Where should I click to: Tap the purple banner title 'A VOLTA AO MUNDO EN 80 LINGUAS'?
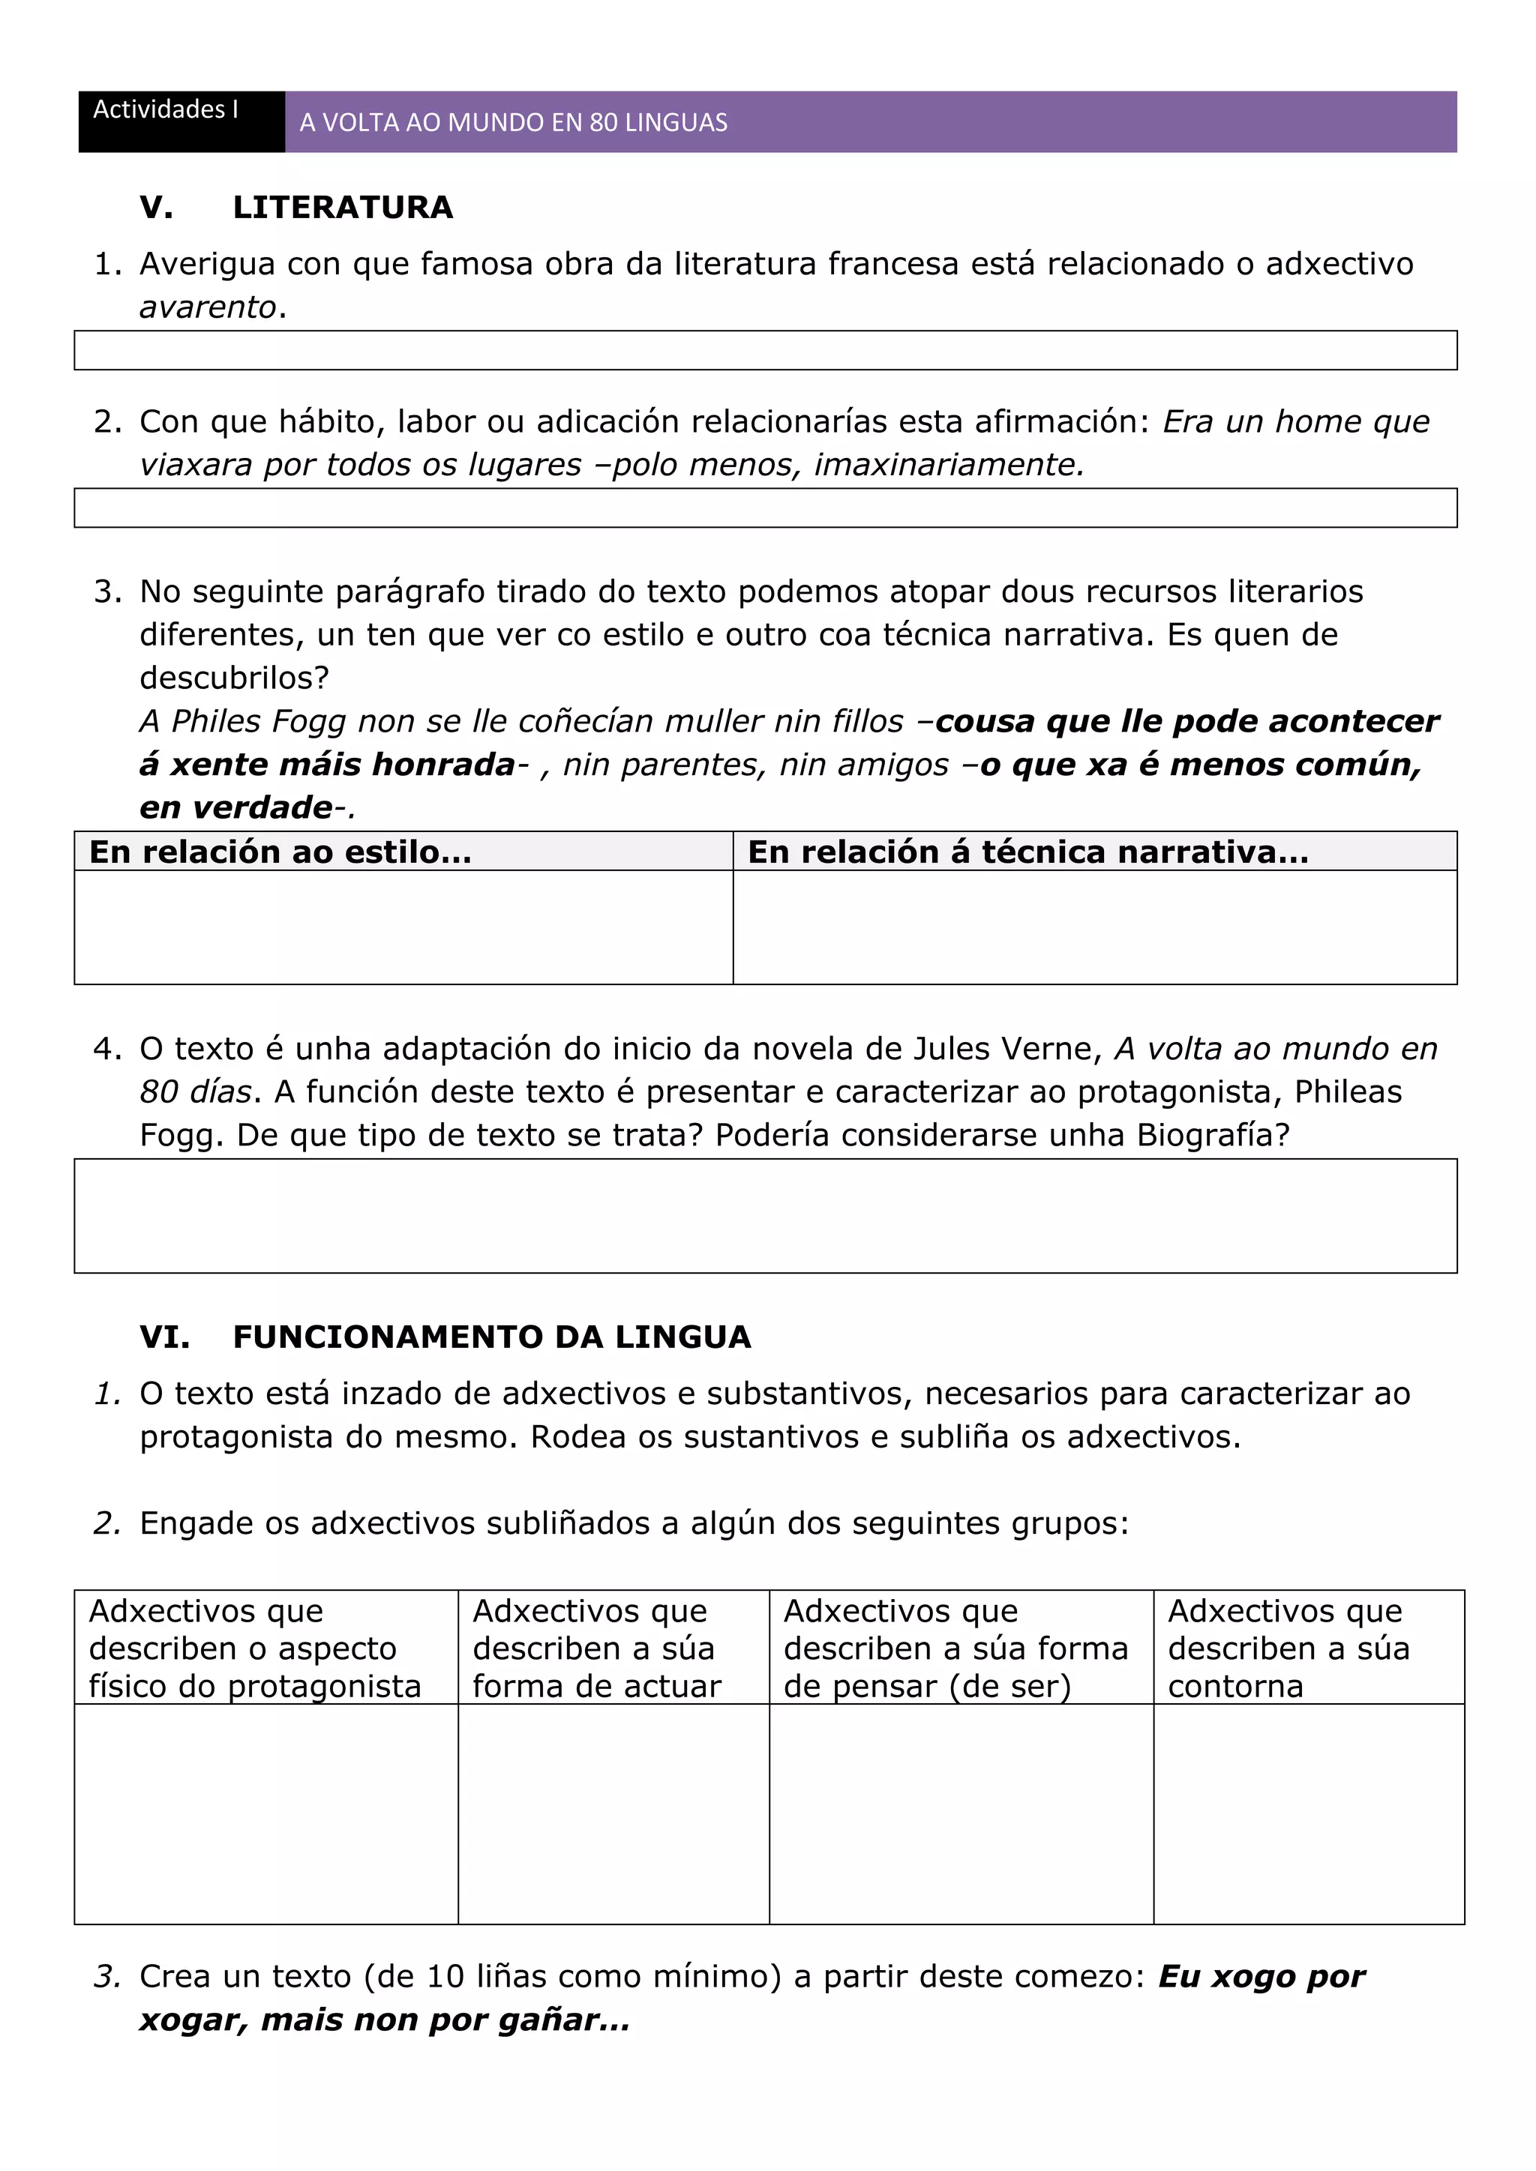point(513,123)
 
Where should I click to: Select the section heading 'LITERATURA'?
point(343,207)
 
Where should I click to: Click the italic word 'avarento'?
point(207,307)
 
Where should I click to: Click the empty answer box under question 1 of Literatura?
point(764,350)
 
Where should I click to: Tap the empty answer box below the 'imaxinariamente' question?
point(764,508)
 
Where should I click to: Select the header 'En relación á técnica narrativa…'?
point(1027,852)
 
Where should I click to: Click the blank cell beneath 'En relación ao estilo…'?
point(403,927)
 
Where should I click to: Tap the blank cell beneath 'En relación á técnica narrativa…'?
point(1093,927)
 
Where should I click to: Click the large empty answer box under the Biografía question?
point(764,1215)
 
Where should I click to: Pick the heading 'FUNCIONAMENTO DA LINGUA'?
point(491,1337)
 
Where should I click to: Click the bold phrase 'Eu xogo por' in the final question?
point(1261,1976)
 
